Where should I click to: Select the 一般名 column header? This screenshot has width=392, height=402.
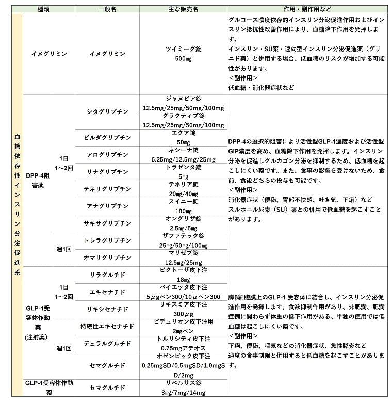coord(107,9)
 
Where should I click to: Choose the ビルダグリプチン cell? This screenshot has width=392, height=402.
coord(107,138)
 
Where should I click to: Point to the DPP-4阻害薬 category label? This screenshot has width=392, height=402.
coord(38,181)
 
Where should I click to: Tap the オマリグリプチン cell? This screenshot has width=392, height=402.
coord(107,258)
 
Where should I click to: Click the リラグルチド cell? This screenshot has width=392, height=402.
coord(107,275)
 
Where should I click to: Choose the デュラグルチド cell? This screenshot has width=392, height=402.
coord(107,343)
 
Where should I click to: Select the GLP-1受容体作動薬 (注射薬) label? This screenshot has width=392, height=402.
coord(38,323)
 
